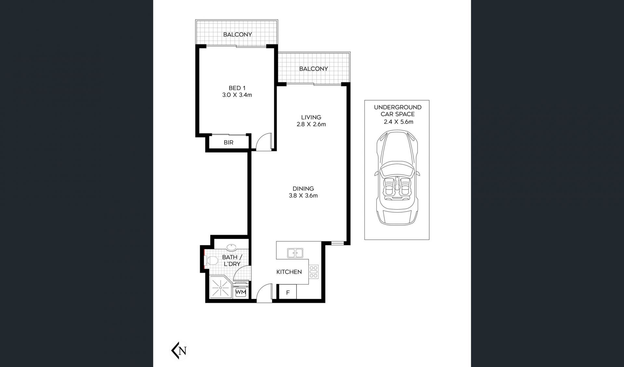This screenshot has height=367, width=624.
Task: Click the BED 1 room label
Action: (x=237, y=88)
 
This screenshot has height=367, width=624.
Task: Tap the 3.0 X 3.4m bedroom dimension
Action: (x=237, y=95)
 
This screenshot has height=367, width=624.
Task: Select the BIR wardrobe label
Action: (x=228, y=143)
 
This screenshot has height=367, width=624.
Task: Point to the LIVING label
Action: (x=311, y=117)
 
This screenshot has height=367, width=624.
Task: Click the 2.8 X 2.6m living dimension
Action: (x=311, y=124)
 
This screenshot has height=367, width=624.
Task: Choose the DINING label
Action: (x=303, y=189)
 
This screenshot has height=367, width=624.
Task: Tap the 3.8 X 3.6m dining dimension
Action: (x=303, y=196)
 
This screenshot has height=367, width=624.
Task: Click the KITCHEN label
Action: (x=289, y=272)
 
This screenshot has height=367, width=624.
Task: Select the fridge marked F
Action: (x=288, y=292)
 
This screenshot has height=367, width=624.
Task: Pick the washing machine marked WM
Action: (x=240, y=292)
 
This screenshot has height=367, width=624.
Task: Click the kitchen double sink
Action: (x=295, y=253)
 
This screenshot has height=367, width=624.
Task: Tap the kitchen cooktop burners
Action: (x=314, y=272)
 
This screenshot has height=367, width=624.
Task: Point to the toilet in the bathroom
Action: (x=210, y=260)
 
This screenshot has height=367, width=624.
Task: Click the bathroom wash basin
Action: (x=231, y=248)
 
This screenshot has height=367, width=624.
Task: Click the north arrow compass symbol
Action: (x=180, y=351)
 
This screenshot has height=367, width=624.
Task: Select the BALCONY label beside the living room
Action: (x=314, y=69)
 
